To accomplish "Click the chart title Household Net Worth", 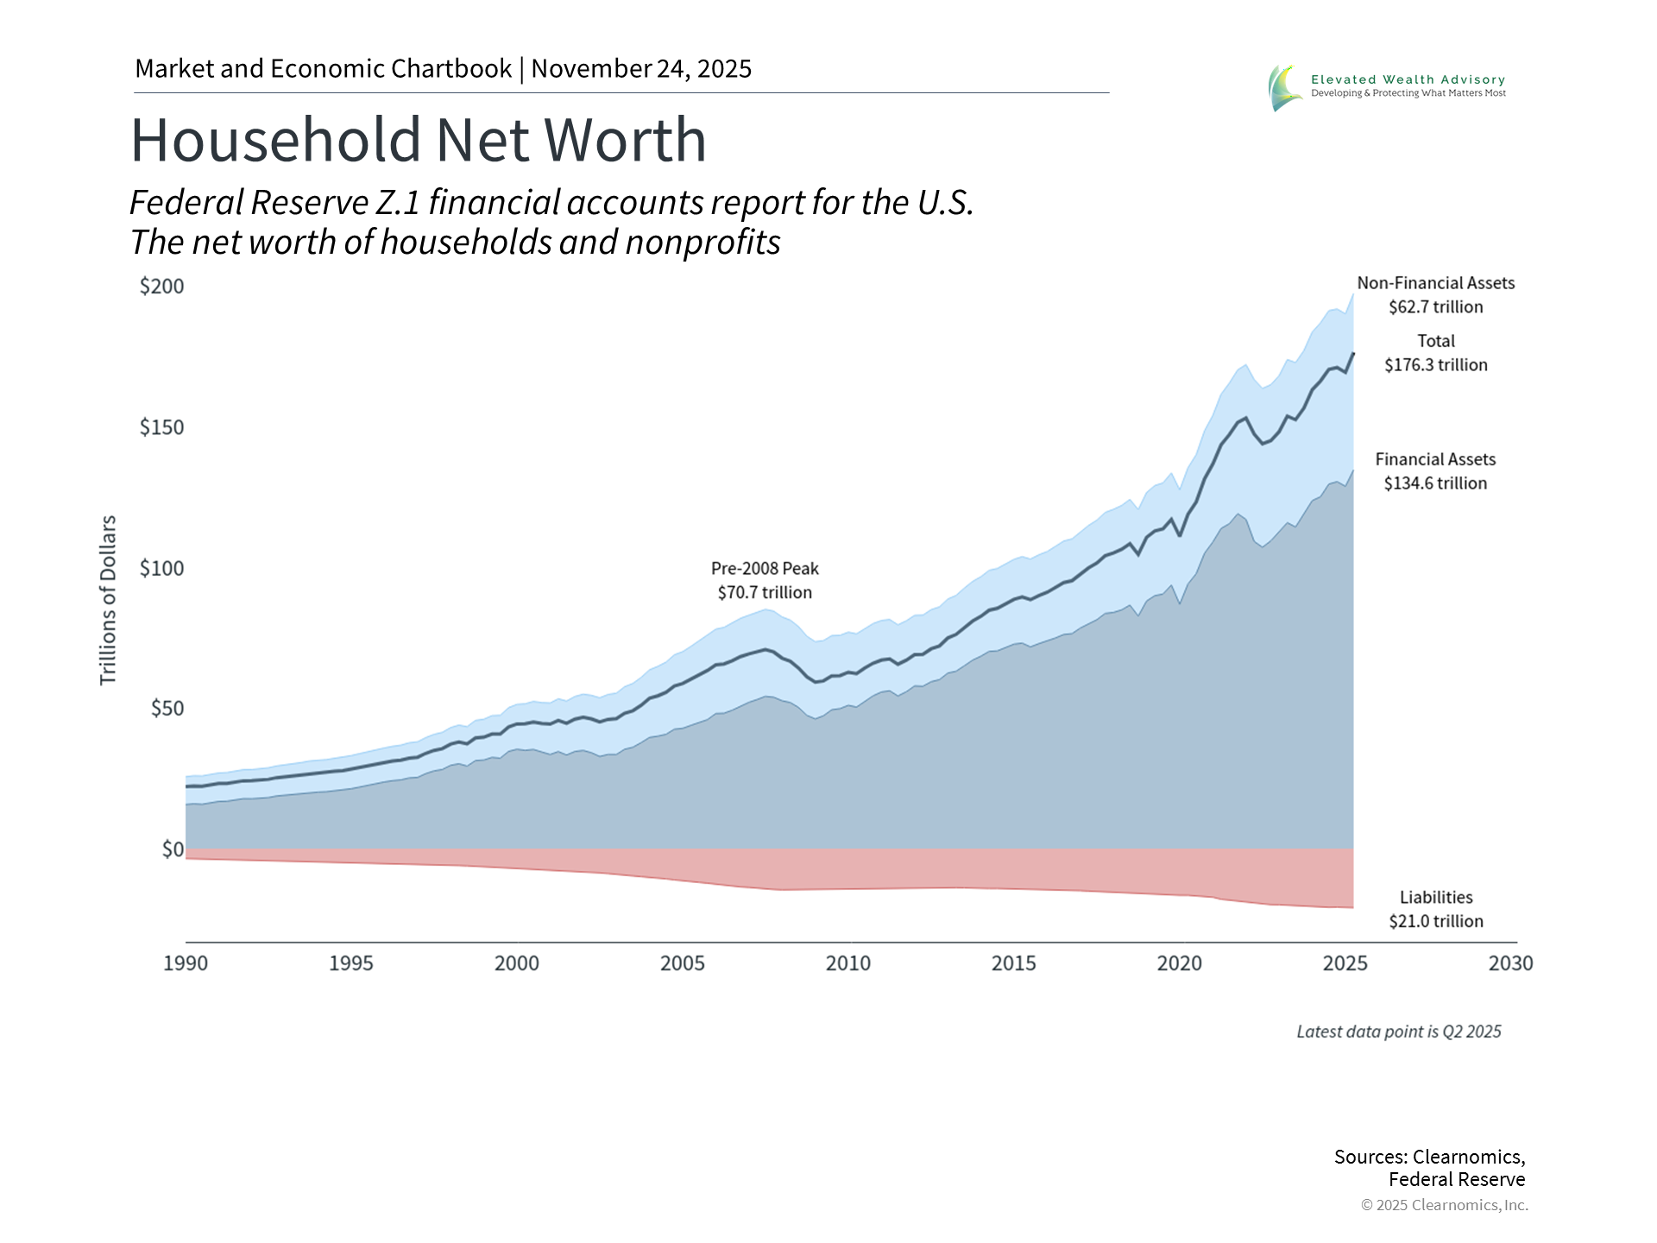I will [x=419, y=140].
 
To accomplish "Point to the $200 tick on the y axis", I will [x=162, y=287].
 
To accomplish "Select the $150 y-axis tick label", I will [x=162, y=427].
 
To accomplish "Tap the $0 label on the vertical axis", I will [x=173, y=849].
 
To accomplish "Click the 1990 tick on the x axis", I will [x=186, y=963].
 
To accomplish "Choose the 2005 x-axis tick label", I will [x=683, y=963].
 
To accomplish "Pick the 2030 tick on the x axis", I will [x=1510, y=963].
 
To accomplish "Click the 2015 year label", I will [x=1013, y=963].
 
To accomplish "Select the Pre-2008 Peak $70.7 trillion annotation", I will [x=765, y=581].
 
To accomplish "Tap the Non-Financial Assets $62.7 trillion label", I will [x=1435, y=295].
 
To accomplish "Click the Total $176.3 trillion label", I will [x=1435, y=353].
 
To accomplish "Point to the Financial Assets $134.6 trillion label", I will [x=1435, y=471].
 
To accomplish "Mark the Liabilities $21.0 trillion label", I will [x=1435, y=910].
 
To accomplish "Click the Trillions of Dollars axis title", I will [x=108, y=601].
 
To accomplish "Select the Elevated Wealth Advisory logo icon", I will [x=1284, y=87].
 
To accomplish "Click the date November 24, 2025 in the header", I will [x=641, y=69].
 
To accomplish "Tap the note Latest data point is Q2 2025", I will [x=1398, y=1032].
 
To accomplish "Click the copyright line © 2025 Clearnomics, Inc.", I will [x=1444, y=1205].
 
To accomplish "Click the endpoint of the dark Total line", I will [x=1352, y=353].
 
